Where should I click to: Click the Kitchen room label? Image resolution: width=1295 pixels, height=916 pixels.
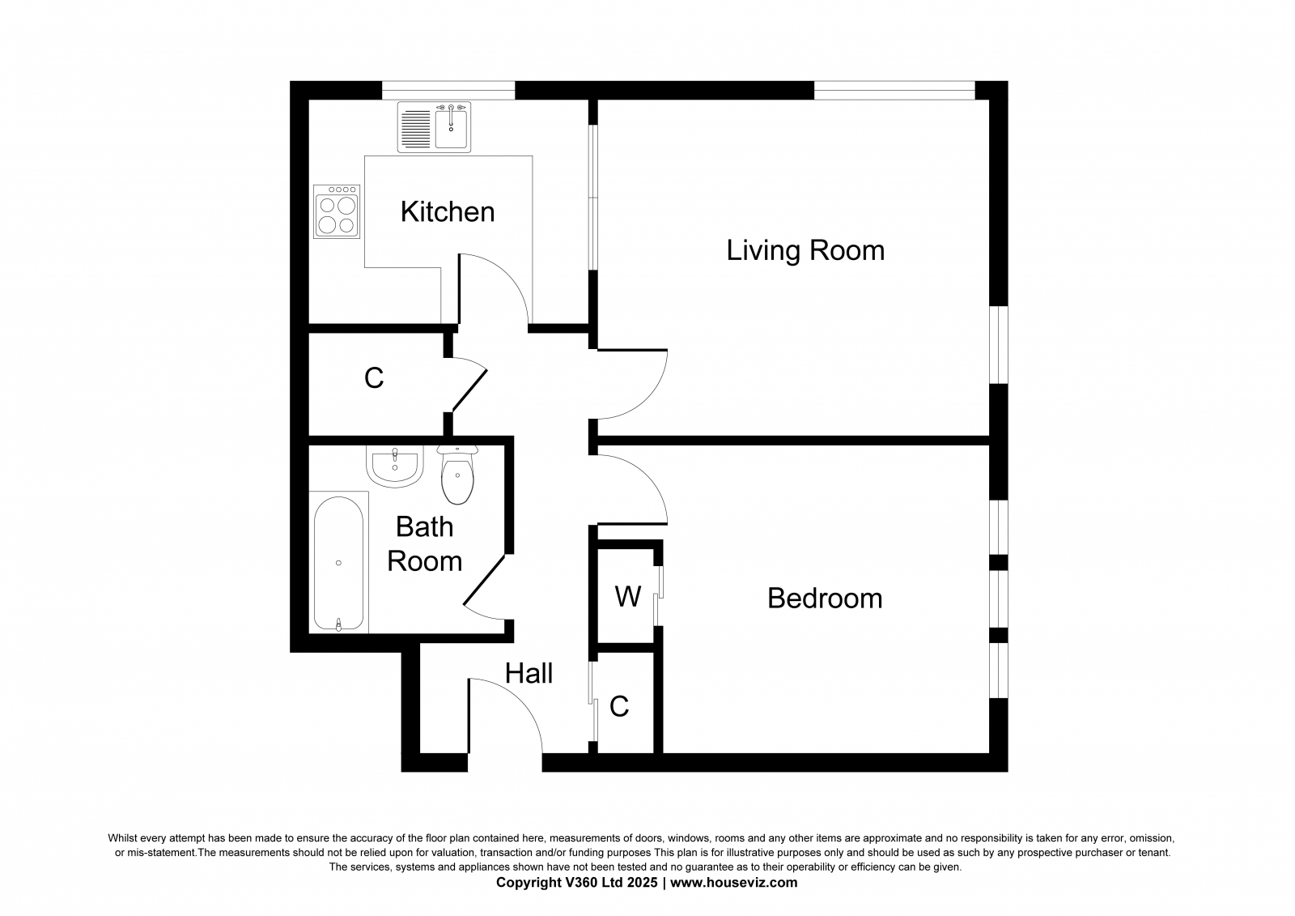point(448,211)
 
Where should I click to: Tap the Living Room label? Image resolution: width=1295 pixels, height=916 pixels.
point(805,250)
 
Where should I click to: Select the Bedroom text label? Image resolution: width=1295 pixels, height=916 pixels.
point(825,599)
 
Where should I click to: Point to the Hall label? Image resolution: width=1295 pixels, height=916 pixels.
point(529,673)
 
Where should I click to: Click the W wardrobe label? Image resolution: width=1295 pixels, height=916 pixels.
point(628,597)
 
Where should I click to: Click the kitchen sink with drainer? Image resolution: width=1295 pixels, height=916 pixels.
point(434,127)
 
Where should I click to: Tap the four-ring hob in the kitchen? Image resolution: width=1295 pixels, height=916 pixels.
point(337,211)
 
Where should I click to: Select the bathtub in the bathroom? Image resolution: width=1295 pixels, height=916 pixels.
point(339,562)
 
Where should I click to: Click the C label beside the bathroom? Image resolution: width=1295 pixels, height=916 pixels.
point(374,378)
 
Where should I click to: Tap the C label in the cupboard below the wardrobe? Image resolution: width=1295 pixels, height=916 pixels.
point(618,706)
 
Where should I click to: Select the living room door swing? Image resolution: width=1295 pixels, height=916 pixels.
point(647,399)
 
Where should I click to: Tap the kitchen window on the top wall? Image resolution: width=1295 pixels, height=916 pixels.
point(448,90)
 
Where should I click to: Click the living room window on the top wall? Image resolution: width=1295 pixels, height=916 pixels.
point(894,90)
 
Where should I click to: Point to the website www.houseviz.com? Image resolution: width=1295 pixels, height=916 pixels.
point(733,883)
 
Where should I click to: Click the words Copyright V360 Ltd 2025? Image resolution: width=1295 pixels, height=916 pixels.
point(576,883)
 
